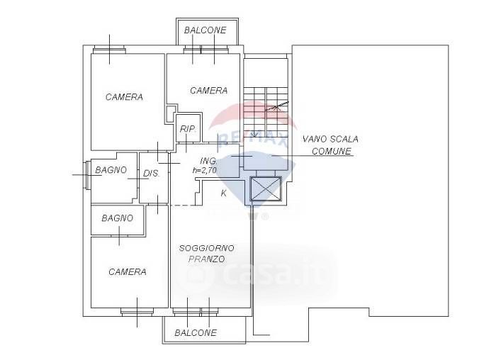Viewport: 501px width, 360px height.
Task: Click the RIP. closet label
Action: pyautogui.click(x=188, y=128)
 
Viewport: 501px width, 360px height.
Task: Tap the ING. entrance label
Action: pyautogui.click(x=208, y=161)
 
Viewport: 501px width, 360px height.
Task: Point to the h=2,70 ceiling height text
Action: pyautogui.click(x=205, y=170)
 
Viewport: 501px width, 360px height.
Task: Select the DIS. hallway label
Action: pyautogui.click(x=152, y=174)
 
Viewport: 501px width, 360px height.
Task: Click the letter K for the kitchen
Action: pyautogui.click(x=223, y=193)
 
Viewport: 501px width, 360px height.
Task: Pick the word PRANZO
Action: pyautogui.click(x=207, y=259)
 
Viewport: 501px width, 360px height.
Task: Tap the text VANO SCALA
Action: pyautogui.click(x=330, y=140)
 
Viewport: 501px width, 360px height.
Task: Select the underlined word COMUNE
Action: pyautogui.click(x=332, y=151)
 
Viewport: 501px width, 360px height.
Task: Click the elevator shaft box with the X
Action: pyautogui.click(x=266, y=190)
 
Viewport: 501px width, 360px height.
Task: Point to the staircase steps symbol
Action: pyautogui.click(x=266, y=106)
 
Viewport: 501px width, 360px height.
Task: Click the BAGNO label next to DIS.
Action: pyautogui.click(x=110, y=170)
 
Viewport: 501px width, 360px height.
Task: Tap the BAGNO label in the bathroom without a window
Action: pyautogui.click(x=117, y=218)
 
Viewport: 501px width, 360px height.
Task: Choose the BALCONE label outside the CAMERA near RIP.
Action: pyautogui.click(x=205, y=30)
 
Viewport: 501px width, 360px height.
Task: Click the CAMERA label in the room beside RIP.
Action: pyautogui.click(x=208, y=91)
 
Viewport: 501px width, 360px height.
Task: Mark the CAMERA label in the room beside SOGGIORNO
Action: pyautogui.click(x=128, y=271)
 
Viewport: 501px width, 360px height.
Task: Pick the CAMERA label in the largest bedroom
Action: pyautogui.click(x=124, y=97)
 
